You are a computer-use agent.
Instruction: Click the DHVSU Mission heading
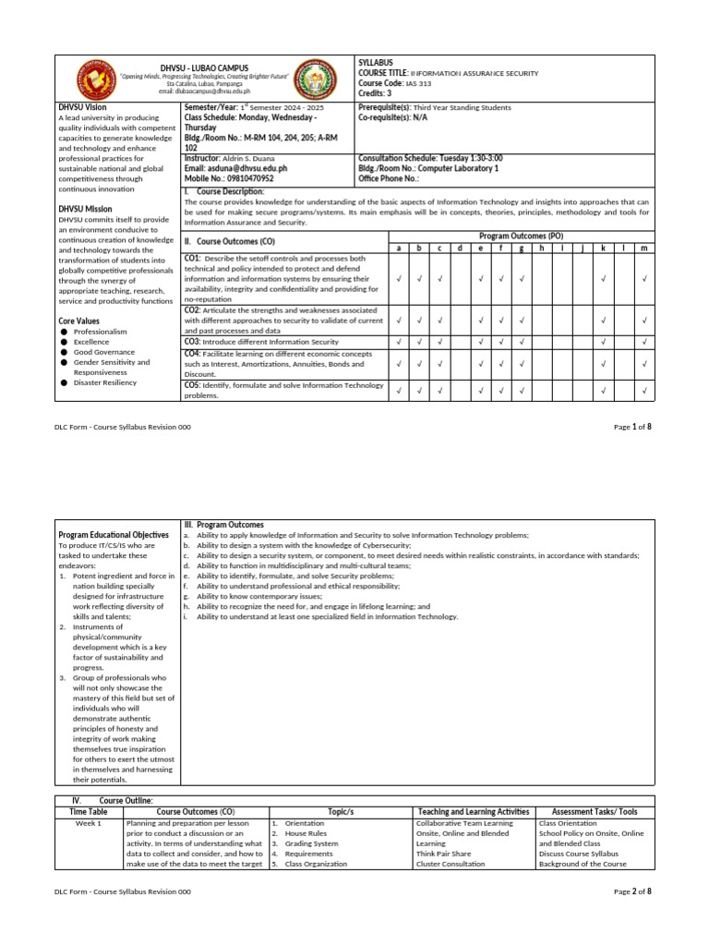click(86, 209)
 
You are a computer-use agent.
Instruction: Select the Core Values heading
click(79, 320)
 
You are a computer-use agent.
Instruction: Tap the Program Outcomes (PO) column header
click(522, 236)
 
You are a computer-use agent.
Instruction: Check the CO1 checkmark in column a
click(398, 278)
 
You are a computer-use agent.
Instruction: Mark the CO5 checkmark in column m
click(644, 391)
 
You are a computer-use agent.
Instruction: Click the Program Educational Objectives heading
click(114, 535)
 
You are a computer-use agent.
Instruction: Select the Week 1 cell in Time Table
click(90, 822)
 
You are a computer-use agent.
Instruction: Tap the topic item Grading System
click(311, 843)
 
